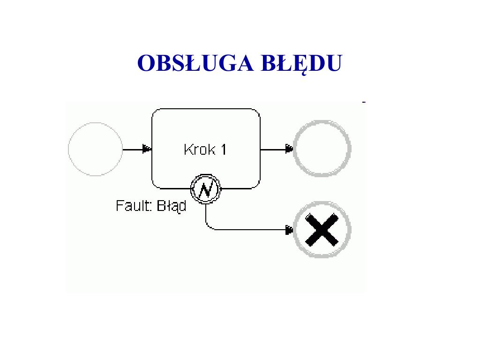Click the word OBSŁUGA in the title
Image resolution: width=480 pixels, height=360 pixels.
pos(189,63)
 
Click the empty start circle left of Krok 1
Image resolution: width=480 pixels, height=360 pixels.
pos(95,149)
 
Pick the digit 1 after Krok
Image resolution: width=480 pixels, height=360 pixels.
pos(223,150)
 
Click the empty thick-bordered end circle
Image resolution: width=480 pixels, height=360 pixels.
pos(322,149)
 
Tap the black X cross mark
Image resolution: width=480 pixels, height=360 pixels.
pos(322,230)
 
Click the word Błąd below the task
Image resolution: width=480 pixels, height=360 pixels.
pos(171,205)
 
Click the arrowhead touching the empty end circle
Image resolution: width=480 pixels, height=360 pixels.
pos(289,150)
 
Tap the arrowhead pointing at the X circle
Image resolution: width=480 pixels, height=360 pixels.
pos(289,230)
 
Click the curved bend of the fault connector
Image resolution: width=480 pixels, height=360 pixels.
pos(208,227)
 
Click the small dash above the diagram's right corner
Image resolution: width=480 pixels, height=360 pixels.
pos(364,101)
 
